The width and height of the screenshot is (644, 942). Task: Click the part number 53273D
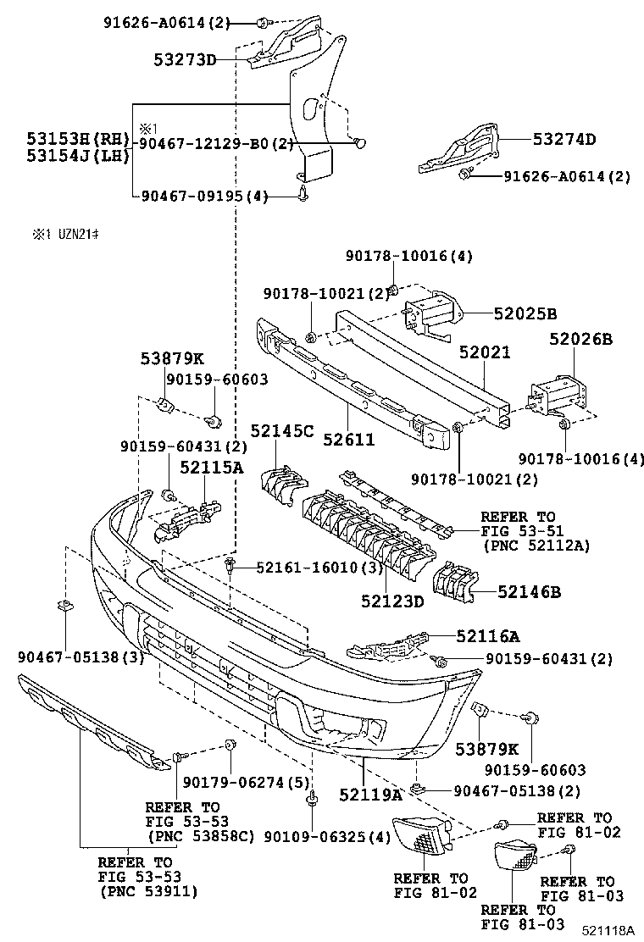pyautogui.click(x=186, y=59)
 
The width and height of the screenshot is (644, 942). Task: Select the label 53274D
pyautogui.click(x=564, y=140)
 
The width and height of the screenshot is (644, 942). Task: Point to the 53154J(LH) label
pyautogui.click(x=77, y=156)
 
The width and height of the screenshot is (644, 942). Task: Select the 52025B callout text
pyautogui.click(x=525, y=313)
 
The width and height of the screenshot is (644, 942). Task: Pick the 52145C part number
pyautogui.click(x=281, y=431)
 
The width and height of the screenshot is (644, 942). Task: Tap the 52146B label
pyautogui.click(x=529, y=592)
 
